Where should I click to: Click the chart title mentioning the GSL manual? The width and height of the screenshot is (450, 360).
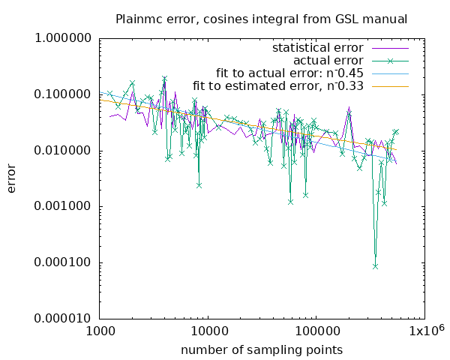(x=262, y=19)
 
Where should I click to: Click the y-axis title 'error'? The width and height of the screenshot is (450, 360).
(x=12, y=178)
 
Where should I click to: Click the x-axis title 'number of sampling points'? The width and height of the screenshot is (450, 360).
(x=262, y=349)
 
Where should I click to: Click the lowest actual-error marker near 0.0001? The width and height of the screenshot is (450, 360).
(x=375, y=266)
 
